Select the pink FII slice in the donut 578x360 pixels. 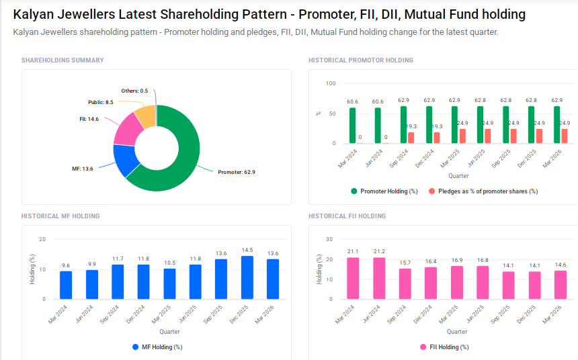(126, 130)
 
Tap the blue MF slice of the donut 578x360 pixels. (124, 160)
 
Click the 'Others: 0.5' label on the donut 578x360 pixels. (134, 91)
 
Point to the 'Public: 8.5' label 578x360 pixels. (101, 102)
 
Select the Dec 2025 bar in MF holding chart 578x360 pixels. (247, 277)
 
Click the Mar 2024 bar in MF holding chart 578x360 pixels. (66, 285)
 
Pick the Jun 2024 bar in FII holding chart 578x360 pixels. (379, 278)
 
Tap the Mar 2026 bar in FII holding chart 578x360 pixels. (561, 285)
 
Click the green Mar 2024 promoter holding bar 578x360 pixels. (352, 126)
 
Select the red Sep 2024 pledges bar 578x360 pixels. (411, 138)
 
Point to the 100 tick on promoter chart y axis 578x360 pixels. (330, 84)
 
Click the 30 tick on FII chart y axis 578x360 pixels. (329, 239)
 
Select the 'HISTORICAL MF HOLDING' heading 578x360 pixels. (60, 216)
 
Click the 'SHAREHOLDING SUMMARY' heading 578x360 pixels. (63, 60)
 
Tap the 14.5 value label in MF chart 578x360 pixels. (247, 251)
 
